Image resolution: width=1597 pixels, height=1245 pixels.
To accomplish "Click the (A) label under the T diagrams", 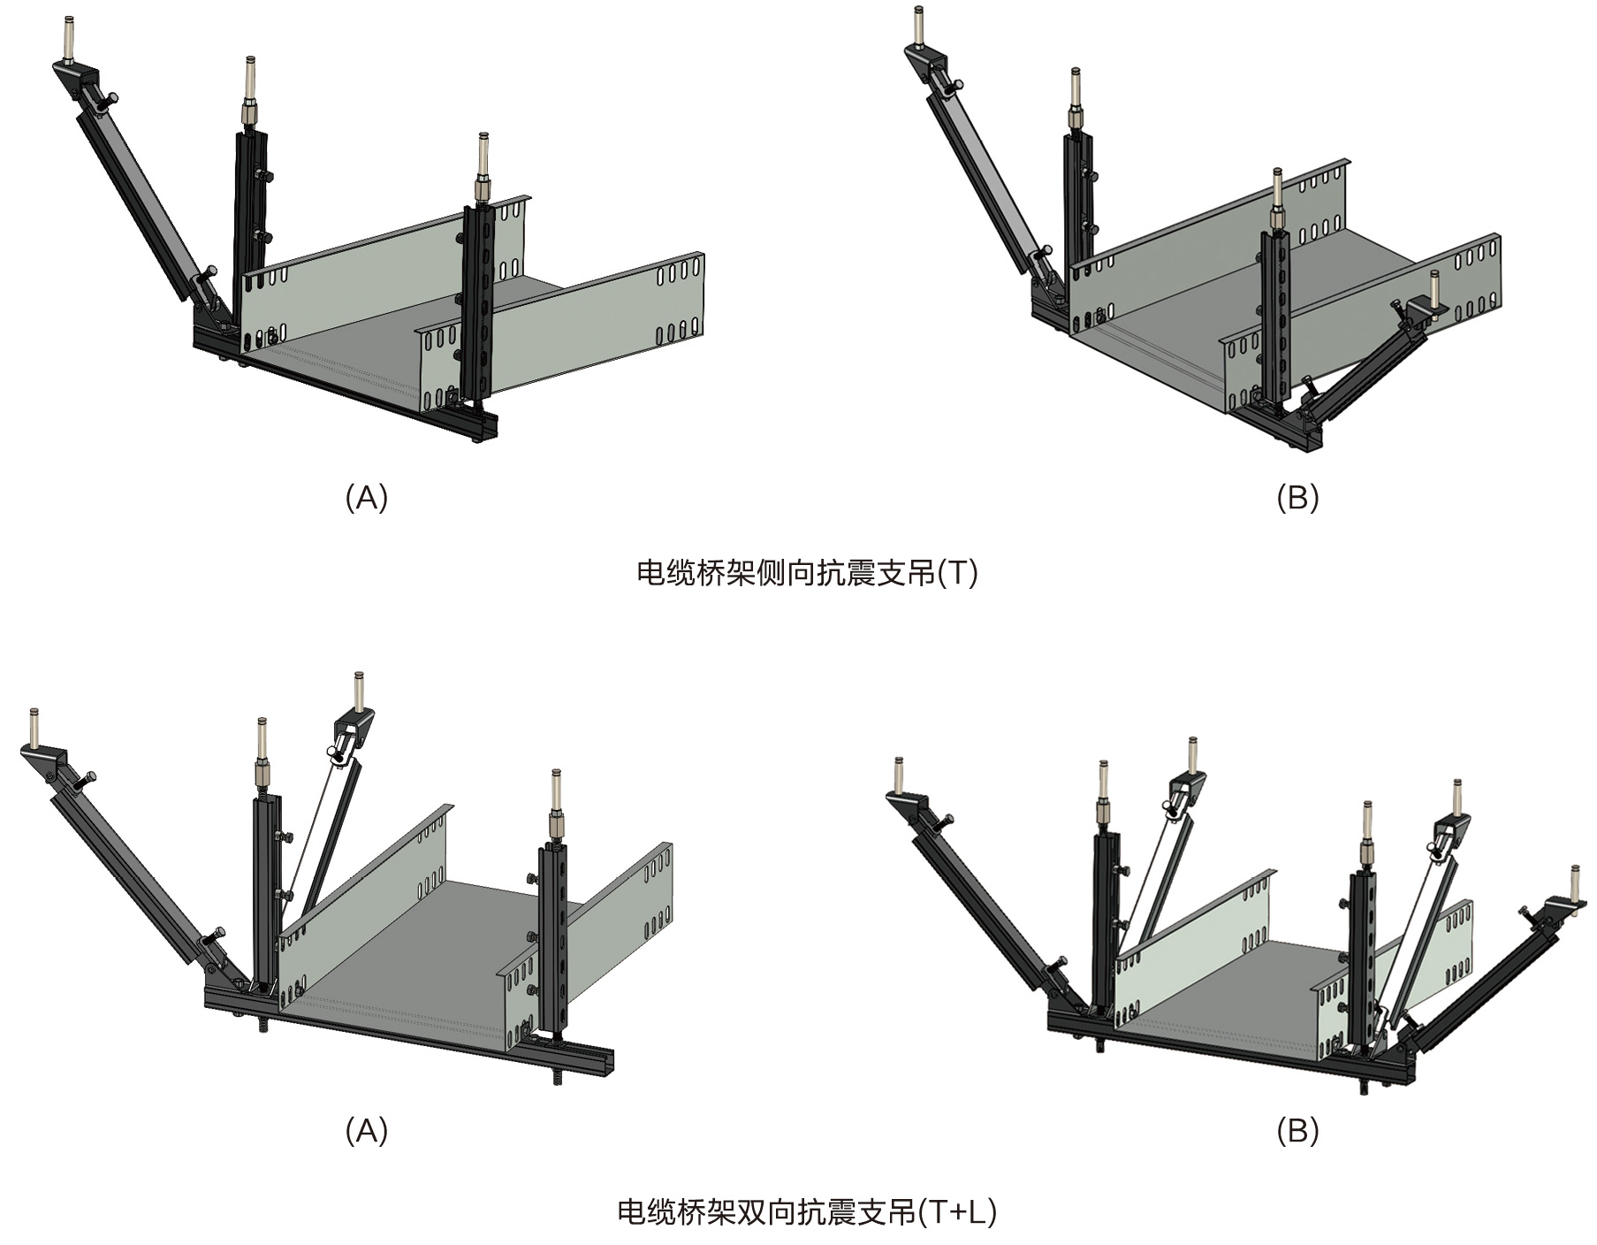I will [366, 499].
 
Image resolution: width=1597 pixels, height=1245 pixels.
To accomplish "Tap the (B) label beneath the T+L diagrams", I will [1297, 1130].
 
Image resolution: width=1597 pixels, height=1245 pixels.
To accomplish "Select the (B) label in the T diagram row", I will [1297, 499].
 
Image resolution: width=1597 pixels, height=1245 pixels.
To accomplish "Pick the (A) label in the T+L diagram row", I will [366, 1130].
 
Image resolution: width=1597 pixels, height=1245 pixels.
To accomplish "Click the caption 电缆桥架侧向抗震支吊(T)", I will [807, 574].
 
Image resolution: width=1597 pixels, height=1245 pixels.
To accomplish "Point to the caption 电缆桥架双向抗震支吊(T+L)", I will [807, 1211].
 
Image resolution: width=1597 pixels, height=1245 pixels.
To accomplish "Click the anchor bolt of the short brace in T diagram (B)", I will [1433, 287].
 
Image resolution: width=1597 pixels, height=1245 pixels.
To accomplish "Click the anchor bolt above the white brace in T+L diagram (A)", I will [359, 690].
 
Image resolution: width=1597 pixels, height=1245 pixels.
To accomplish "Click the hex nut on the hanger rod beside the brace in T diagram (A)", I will [248, 114].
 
